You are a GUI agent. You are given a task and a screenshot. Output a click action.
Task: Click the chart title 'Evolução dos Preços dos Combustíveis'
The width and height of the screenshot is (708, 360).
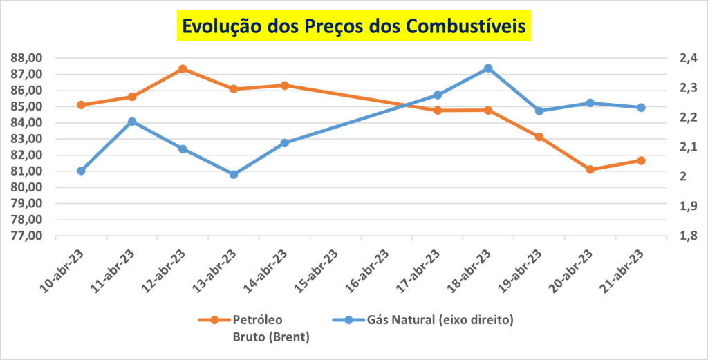(x=353, y=26)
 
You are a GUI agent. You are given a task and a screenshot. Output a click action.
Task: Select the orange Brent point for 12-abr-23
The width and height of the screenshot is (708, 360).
(x=183, y=69)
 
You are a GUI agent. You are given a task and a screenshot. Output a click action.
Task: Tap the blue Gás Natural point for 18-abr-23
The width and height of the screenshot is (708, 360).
(x=488, y=68)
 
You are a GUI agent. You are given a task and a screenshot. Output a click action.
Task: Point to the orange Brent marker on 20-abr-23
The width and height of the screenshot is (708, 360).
(x=590, y=169)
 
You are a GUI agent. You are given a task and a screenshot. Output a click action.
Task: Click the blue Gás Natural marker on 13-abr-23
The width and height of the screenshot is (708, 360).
(x=234, y=175)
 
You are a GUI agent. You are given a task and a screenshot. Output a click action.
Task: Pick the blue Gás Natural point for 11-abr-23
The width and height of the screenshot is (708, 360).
(x=132, y=122)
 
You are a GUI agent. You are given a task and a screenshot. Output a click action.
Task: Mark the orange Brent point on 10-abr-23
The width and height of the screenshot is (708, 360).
(x=81, y=105)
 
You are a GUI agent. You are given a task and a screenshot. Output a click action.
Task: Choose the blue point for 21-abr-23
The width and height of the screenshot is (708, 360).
(x=641, y=108)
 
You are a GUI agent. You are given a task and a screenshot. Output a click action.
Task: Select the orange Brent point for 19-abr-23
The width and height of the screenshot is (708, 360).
(x=539, y=137)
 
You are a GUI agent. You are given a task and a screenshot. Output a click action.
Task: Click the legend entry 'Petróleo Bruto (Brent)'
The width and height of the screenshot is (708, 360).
(x=256, y=328)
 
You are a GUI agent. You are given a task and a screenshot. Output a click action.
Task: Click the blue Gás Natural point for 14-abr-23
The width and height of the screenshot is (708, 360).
(x=285, y=143)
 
